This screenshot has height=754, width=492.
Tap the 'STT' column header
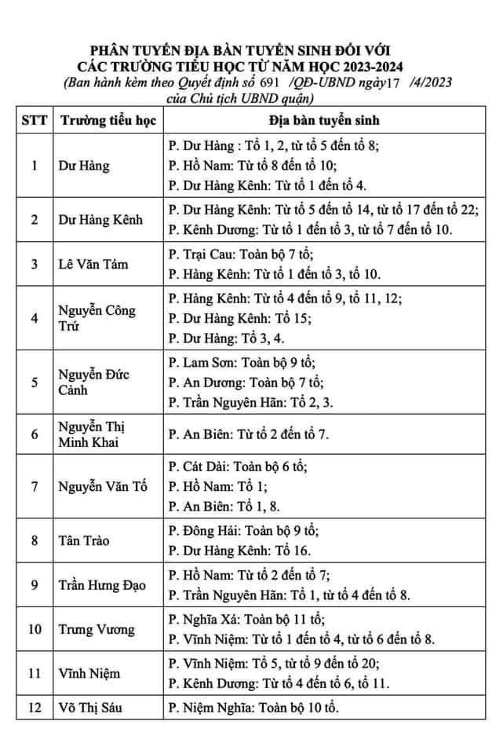pyautogui.click(x=34, y=122)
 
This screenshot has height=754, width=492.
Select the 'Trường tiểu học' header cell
pyautogui.click(x=108, y=122)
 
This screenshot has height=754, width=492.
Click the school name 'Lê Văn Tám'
pyautogui.click(x=93, y=264)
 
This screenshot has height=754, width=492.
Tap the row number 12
pyautogui.click(x=34, y=708)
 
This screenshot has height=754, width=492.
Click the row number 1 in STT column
pyautogui.click(x=34, y=167)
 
